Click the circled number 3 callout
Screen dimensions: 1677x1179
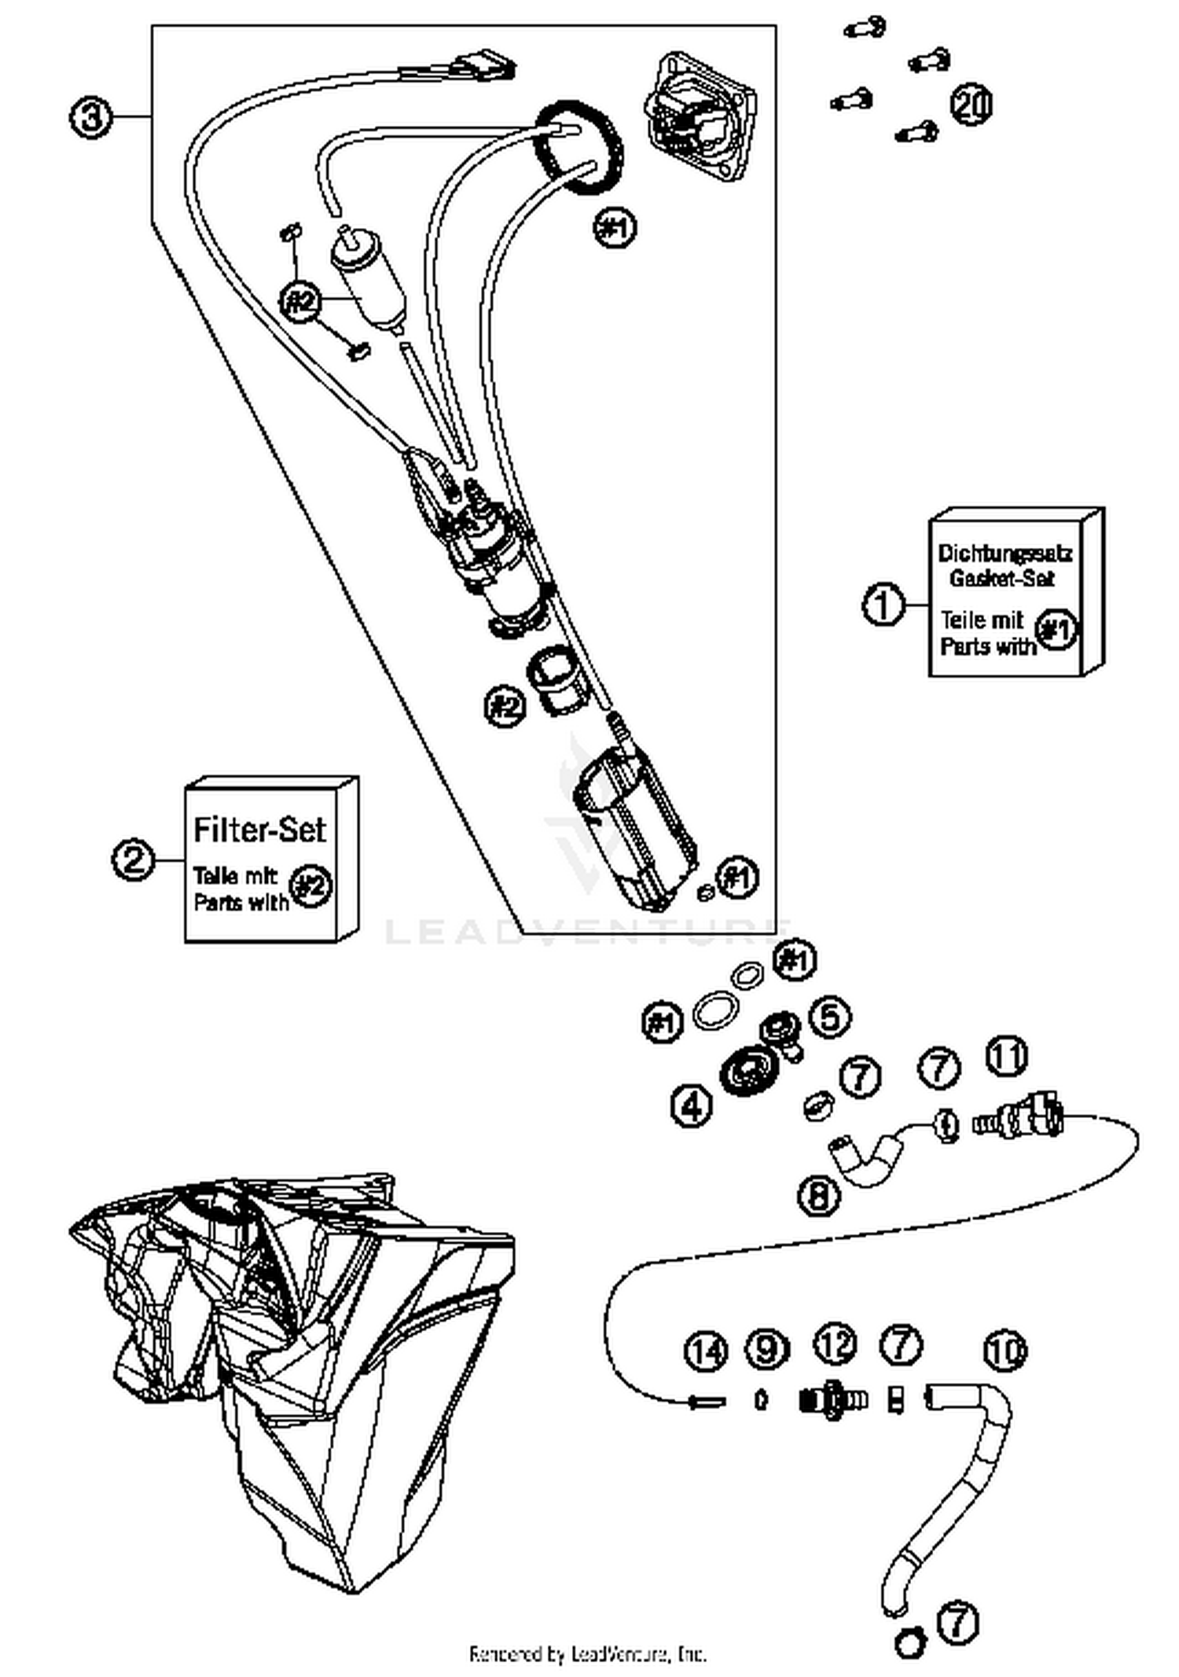(92, 117)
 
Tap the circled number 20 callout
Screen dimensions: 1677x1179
(972, 105)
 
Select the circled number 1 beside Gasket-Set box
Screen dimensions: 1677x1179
(883, 605)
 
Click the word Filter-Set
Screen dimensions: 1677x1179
(259, 829)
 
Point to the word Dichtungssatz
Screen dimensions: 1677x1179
(1005, 553)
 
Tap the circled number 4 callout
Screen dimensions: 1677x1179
(692, 1107)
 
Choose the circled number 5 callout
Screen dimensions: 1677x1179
(830, 1017)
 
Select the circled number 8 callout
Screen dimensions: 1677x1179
(819, 1196)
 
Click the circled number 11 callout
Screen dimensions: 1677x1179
(1007, 1056)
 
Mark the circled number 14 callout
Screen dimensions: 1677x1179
(707, 1351)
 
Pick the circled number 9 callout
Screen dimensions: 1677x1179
(767, 1349)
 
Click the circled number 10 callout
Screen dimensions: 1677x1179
(1005, 1350)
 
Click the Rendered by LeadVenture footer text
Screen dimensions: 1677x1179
(588, 1653)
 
